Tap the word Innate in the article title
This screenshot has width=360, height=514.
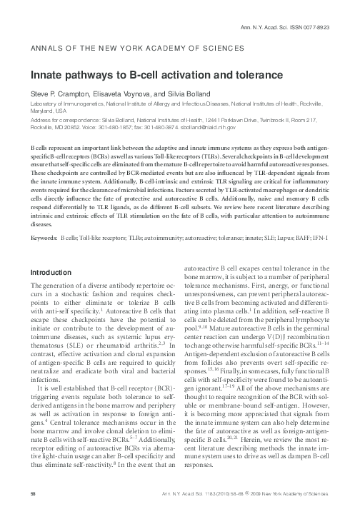(47, 74)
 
